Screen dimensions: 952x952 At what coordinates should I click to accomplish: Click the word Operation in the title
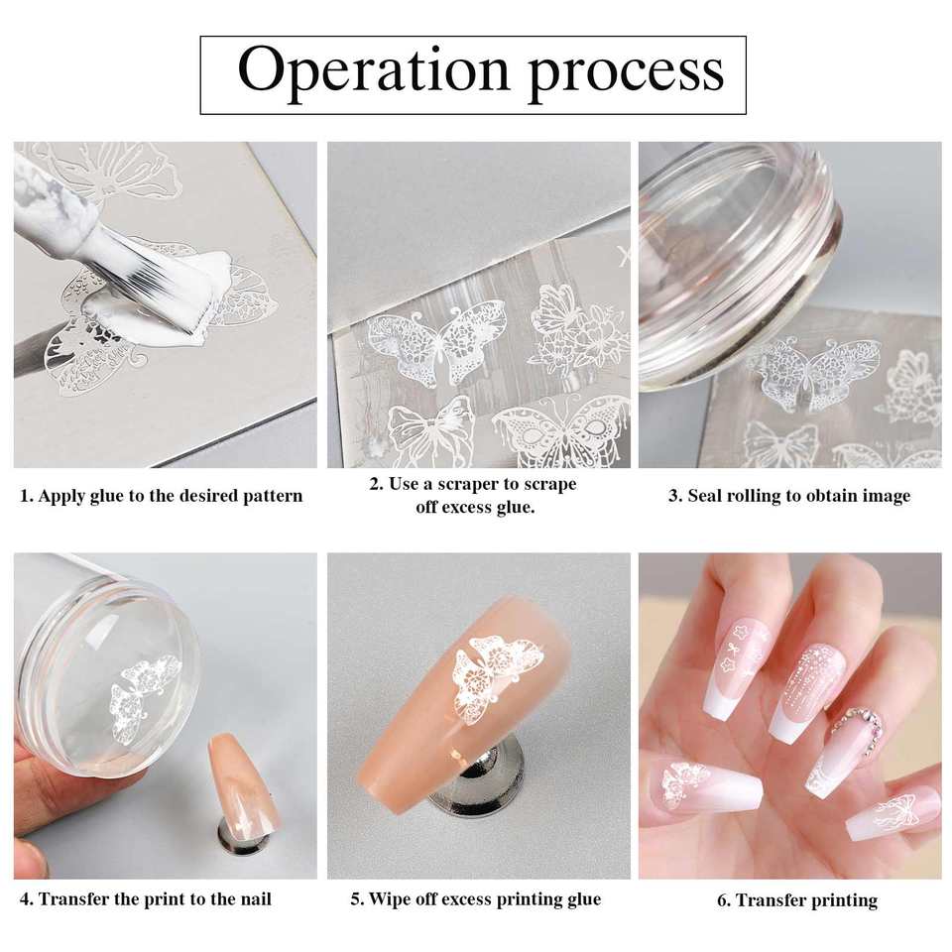[373, 71]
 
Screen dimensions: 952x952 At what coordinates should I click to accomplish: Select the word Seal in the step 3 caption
[704, 496]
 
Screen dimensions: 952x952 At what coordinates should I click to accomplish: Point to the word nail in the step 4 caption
[255, 898]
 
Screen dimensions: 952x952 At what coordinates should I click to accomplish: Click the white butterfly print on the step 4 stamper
[144, 699]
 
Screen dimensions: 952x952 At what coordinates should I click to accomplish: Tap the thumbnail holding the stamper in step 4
[29, 857]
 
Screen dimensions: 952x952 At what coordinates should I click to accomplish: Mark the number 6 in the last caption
[723, 899]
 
